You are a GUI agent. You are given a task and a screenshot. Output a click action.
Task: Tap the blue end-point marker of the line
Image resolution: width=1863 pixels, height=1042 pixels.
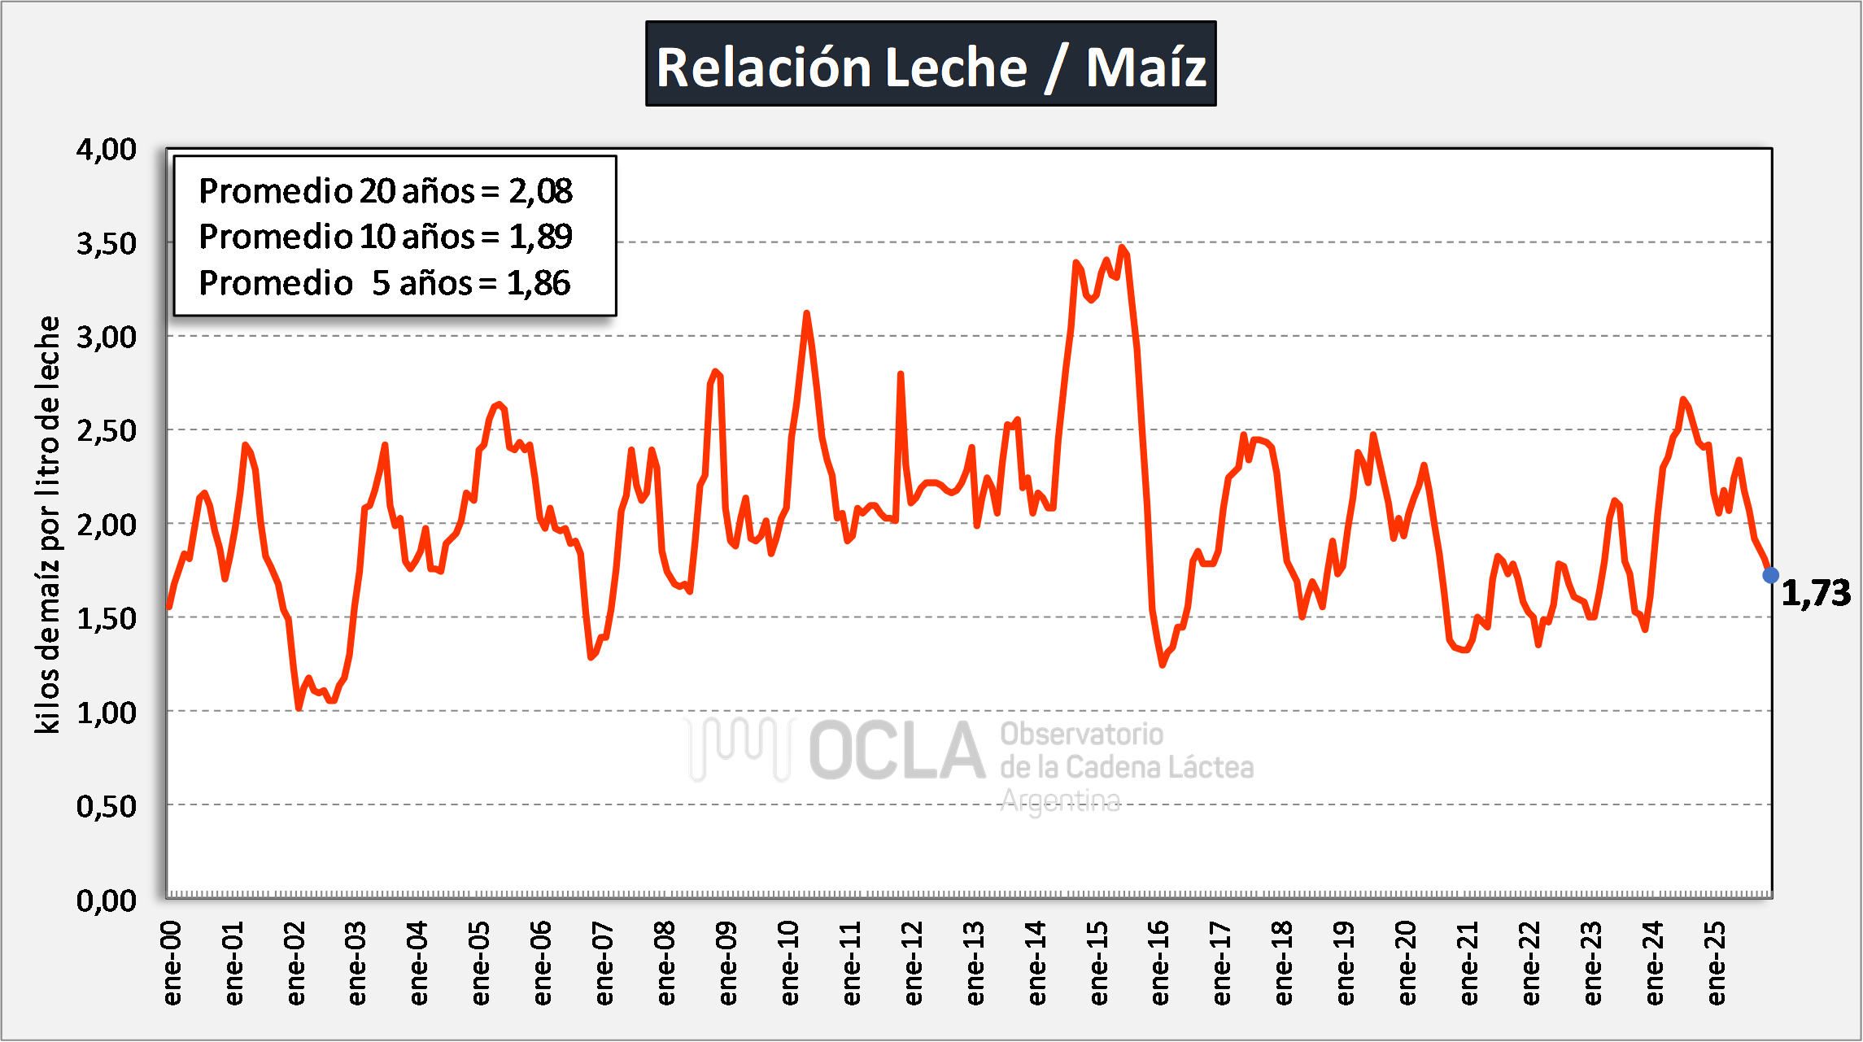pyautogui.click(x=1770, y=575)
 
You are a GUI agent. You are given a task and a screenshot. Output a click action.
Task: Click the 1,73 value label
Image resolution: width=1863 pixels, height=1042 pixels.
pyautogui.click(x=1816, y=593)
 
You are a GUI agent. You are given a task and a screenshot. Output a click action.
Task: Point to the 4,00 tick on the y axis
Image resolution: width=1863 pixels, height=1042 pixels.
pyautogui.click(x=107, y=150)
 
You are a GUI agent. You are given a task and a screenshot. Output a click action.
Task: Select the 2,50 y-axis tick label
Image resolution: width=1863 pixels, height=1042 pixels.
pyautogui.click(x=107, y=430)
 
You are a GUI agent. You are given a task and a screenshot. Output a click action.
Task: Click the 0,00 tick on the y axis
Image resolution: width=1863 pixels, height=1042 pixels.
pyautogui.click(x=107, y=900)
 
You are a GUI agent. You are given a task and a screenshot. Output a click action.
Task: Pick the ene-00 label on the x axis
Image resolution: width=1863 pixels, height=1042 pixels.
pyautogui.click(x=172, y=963)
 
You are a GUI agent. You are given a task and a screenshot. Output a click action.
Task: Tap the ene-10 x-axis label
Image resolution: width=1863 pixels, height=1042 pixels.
pyautogui.click(x=789, y=963)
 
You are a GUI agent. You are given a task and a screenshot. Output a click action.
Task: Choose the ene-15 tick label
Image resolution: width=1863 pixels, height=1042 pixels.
pyautogui.click(x=1098, y=963)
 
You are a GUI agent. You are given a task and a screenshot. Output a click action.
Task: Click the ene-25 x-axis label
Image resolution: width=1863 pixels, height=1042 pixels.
pyautogui.click(x=1716, y=963)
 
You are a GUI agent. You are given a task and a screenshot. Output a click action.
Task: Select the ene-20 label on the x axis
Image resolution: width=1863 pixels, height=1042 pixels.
pyautogui.click(x=1407, y=963)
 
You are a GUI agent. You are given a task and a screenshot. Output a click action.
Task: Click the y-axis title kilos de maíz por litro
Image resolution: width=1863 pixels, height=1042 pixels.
pyautogui.click(x=48, y=525)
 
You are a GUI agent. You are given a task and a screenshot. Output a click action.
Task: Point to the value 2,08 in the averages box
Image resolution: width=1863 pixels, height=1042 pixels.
pyautogui.click(x=541, y=191)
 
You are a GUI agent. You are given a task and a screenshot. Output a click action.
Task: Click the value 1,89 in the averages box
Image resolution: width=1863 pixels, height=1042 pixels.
pyautogui.click(x=541, y=237)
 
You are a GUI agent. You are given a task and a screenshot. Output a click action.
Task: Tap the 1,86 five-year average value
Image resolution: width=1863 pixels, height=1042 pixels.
pyautogui.click(x=539, y=283)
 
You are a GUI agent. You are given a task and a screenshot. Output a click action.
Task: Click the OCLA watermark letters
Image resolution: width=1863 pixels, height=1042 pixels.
pyautogui.click(x=897, y=750)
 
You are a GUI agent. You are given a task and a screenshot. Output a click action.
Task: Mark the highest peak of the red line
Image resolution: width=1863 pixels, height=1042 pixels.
pyautogui.click(x=1122, y=247)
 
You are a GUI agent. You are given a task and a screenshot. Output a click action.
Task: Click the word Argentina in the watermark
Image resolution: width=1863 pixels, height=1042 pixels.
pyautogui.click(x=1060, y=801)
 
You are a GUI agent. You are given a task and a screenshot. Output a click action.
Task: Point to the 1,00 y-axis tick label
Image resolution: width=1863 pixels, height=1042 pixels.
pyautogui.click(x=107, y=713)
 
